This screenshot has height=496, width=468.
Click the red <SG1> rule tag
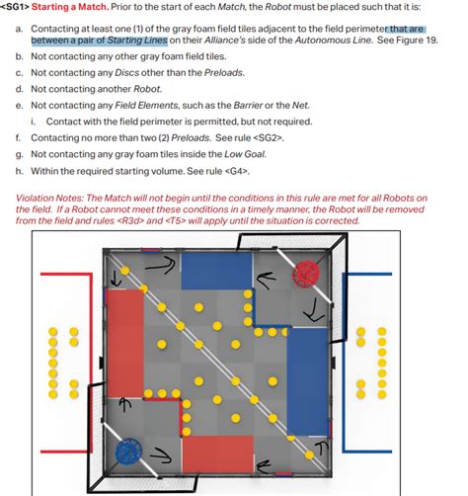pyautogui.click(x=15, y=7)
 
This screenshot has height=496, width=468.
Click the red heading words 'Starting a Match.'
pyautogui.click(x=70, y=7)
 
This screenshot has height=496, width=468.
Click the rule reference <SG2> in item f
pyautogui.click(x=268, y=138)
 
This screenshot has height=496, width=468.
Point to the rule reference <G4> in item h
pyautogui.click(x=236, y=171)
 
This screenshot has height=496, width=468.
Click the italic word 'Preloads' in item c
pyautogui.click(x=223, y=73)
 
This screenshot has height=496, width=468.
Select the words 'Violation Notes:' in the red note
pyautogui.click(x=49, y=199)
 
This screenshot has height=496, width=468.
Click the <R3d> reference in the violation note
pyautogui.click(x=130, y=220)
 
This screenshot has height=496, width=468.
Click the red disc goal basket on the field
pyautogui.click(x=306, y=273)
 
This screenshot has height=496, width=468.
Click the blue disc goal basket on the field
pyautogui.click(x=128, y=452)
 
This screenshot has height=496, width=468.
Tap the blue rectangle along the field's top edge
pyautogui.click(x=216, y=271)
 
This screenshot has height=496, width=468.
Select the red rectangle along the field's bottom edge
pyautogui.click(x=218, y=455)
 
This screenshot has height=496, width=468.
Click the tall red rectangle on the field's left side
pyautogui.click(x=125, y=344)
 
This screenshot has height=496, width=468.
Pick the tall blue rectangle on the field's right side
pyautogui.click(x=308, y=381)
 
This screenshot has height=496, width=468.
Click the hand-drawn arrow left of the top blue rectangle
pyautogui.click(x=160, y=266)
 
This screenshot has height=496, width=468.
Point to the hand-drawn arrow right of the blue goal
pyautogui.click(x=161, y=455)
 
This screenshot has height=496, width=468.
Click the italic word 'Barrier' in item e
pyautogui.click(x=248, y=106)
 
